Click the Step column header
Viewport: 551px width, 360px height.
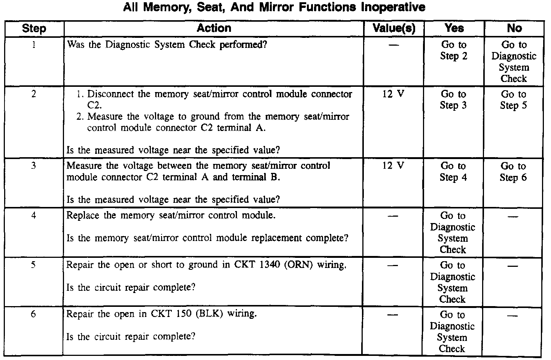34,28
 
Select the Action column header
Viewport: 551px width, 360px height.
214,28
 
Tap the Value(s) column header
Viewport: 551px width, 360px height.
394,28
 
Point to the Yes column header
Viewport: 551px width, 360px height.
454,28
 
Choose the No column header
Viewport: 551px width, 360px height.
514,28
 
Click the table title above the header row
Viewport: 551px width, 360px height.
274,7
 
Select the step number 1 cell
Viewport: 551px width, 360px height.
34,45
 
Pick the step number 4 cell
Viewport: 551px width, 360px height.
34,216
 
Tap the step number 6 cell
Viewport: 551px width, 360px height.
33,314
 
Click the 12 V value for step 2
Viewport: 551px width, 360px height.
393,94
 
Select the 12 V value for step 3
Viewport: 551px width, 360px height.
393,165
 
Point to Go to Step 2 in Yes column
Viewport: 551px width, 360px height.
454,51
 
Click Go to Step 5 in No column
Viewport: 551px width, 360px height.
514,100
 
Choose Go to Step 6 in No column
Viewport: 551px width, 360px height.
513,172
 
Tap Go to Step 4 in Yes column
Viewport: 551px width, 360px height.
453,172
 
